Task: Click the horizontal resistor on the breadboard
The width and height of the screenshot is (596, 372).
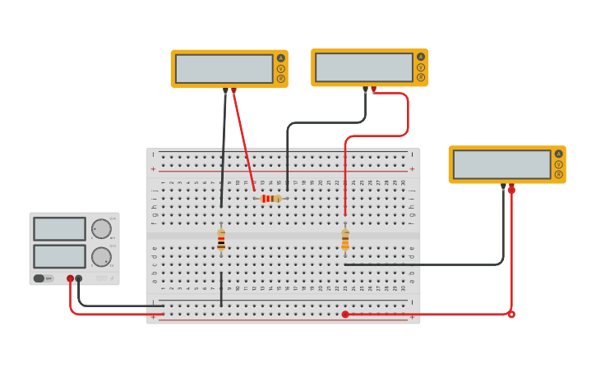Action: point(270,199)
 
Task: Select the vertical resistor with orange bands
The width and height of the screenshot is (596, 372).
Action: point(345,240)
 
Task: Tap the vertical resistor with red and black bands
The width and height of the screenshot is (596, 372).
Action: point(221,240)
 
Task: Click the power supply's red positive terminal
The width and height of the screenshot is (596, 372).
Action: point(70,278)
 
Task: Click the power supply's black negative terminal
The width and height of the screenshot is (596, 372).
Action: point(79,278)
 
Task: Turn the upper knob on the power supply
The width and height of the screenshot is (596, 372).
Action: point(101,229)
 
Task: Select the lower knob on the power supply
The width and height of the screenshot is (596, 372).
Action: point(101,257)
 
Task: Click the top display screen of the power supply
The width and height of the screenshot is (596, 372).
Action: point(59,229)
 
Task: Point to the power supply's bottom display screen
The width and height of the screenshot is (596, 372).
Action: point(59,256)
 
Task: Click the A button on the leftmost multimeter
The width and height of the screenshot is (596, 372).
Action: point(280,58)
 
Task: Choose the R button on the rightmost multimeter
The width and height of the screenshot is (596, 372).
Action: point(559,174)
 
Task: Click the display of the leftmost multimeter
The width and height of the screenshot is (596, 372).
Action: point(224,69)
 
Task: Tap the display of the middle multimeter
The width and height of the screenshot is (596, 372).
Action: point(364,67)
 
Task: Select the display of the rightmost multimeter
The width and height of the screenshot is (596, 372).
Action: point(501,164)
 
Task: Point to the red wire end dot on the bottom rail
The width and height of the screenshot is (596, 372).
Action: point(345,314)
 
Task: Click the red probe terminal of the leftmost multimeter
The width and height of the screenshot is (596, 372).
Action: point(233,90)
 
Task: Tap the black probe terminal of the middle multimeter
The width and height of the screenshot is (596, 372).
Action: point(365,89)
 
